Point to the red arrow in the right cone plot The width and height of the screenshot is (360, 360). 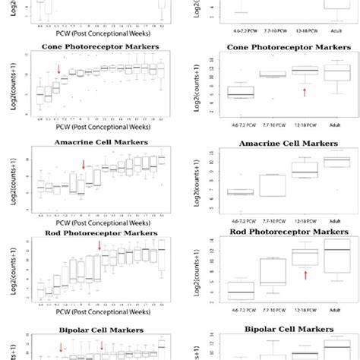(305, 92)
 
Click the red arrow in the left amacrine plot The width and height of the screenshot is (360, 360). (84, 164)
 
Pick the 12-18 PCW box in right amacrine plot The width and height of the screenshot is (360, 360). (305, 169)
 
